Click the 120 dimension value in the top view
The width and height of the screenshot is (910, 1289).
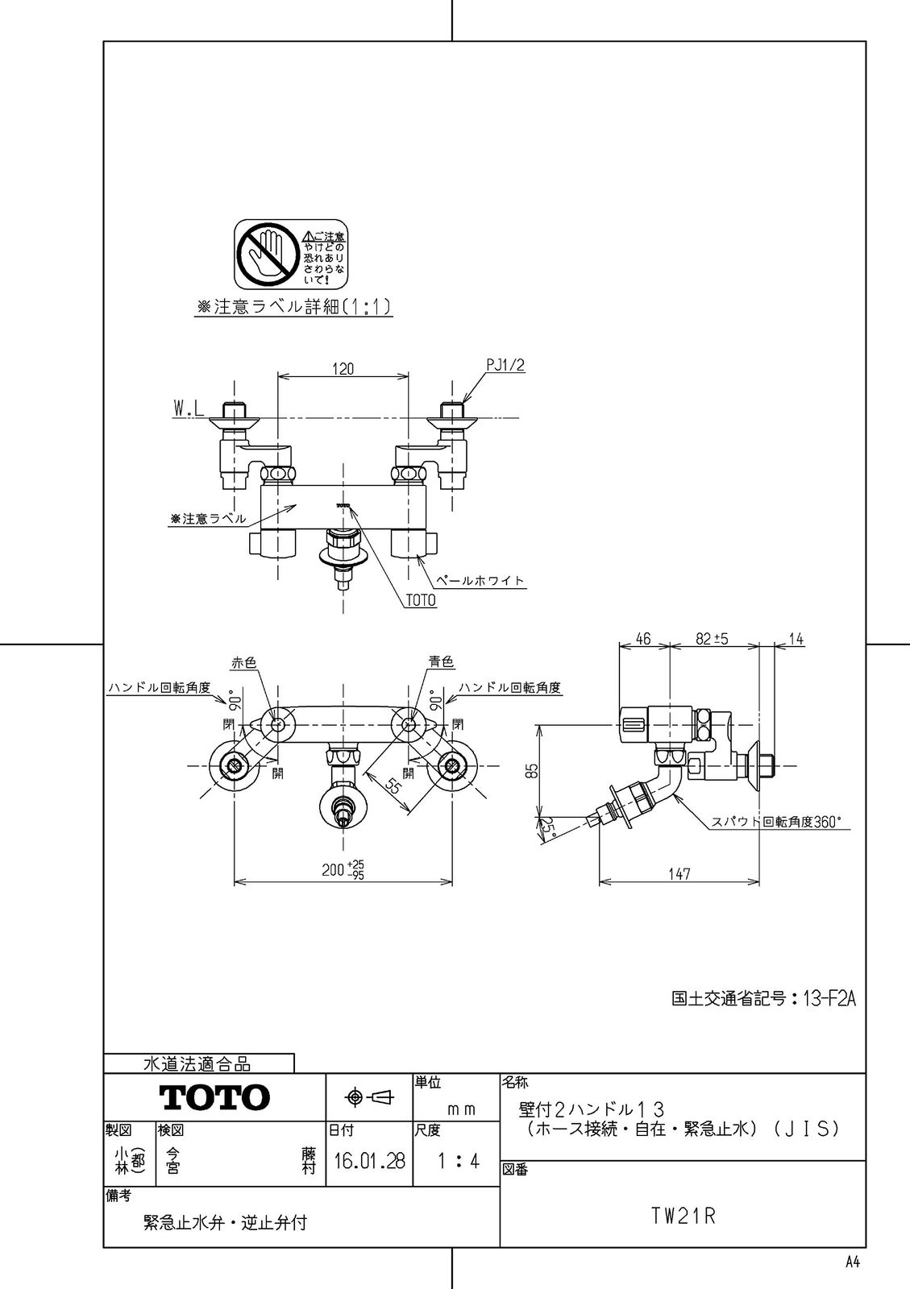(x=343, y=369)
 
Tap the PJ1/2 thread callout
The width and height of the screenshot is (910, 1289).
(x=506, y=365)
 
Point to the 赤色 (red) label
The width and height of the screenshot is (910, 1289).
(x=243, y=661)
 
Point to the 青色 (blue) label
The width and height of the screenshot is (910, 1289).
(x=441, y=661)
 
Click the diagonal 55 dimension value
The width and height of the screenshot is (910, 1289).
(x=392, y=786)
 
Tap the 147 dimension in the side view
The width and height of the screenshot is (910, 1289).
(x=679, y=873)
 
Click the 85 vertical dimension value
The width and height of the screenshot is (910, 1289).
(x=530, y=771)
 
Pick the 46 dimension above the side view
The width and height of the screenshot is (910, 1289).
(x=642, y=639)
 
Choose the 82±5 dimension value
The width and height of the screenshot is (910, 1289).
(x=712, y=639)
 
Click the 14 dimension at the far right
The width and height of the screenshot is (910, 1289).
(x=796, y=639)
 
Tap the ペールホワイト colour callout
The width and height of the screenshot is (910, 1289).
(x=480, y=579)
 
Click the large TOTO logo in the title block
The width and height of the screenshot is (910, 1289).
(x=214, y=1096)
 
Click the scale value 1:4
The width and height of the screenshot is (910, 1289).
(x=457, y=1161)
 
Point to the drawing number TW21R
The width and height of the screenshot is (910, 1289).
(x=684, y=1216)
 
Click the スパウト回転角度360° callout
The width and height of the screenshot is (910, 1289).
(x=775, y=822)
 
